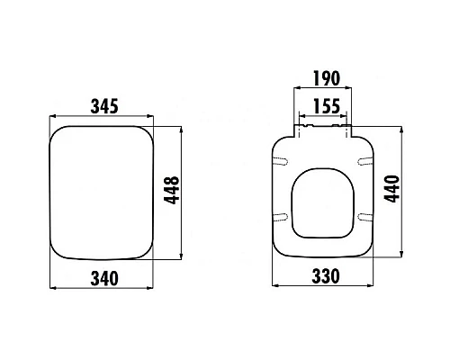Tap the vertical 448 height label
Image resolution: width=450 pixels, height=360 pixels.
tap(171, 190)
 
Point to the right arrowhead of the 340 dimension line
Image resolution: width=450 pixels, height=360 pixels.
tap(159, 288)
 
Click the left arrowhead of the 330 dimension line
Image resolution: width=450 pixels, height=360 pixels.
tap(274, 288)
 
